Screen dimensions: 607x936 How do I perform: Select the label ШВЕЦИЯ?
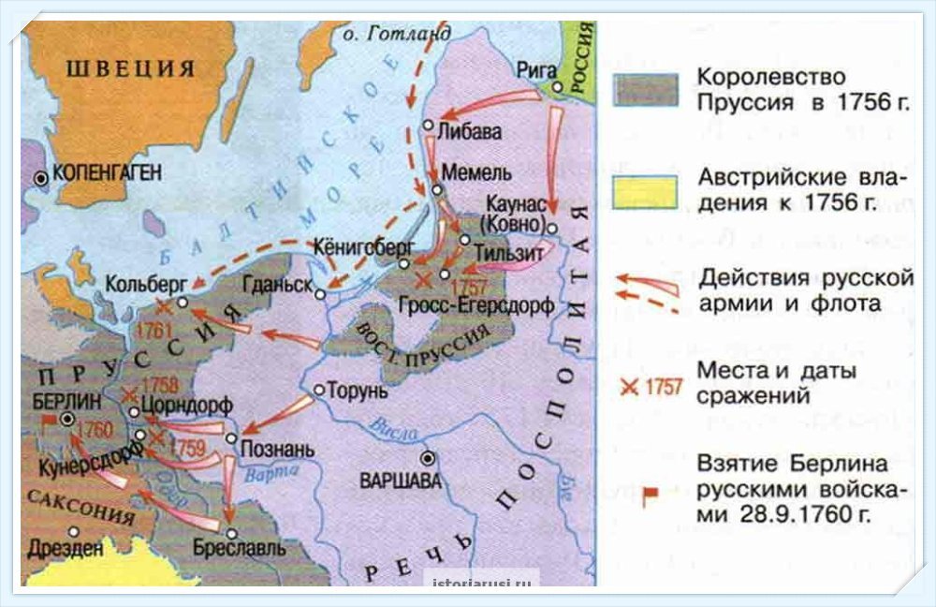(130, 69)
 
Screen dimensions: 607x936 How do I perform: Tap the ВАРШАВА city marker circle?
(428, 458)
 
